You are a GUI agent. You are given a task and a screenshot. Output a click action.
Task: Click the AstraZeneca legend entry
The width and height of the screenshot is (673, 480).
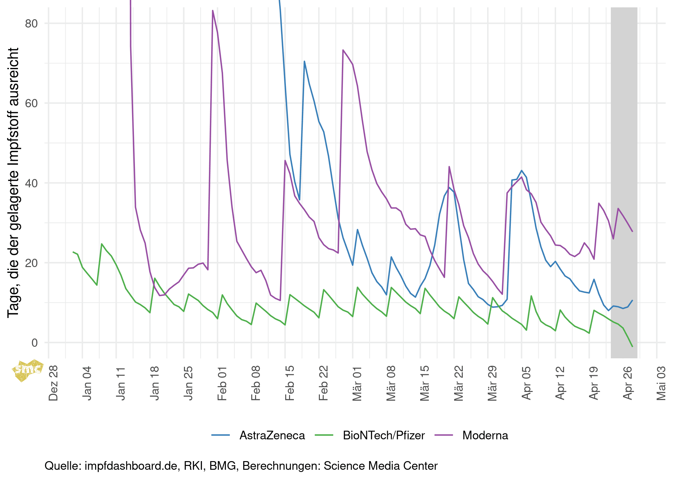[272, 435]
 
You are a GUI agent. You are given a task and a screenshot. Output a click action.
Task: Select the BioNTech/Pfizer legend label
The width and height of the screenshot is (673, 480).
[384, 435]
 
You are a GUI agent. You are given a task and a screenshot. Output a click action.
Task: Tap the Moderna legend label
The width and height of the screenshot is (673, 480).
[485, 435]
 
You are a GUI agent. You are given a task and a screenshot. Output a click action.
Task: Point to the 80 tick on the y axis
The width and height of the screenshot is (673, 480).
[31, 23]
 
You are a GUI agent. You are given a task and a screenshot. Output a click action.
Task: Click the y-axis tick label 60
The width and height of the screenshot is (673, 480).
[31, 103]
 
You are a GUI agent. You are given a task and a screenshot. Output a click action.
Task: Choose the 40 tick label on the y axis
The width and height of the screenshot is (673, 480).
[31, 183]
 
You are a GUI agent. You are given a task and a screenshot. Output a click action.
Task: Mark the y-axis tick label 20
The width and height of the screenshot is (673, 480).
[31, 263]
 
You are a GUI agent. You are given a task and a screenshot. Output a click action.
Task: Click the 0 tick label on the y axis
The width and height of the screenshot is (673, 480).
[35, 343]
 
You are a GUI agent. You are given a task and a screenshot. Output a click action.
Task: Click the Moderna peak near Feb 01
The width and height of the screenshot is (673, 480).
[213, 11]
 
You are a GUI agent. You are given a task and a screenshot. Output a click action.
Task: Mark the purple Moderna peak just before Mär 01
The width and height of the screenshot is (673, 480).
[343, 50]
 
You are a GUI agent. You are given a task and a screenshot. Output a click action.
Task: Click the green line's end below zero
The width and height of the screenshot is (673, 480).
[632, 346]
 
